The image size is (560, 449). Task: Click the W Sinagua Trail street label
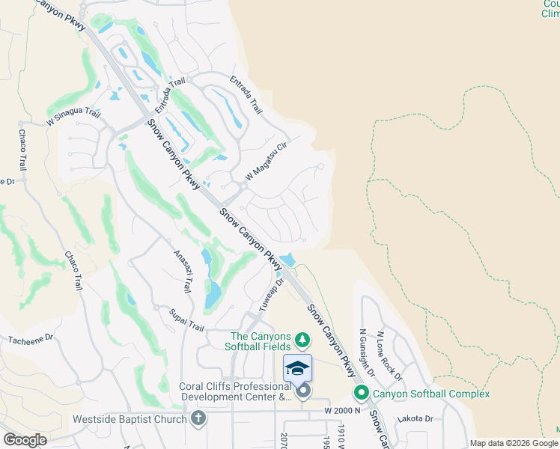[73, 116]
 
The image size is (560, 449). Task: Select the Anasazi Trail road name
[183, 270]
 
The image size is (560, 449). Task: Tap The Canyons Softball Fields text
[261, 341]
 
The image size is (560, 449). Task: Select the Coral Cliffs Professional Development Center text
[235, 391]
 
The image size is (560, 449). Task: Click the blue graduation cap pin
[297, 369]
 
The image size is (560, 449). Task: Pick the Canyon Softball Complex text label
[431, 394]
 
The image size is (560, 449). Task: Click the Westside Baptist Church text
[129, 419]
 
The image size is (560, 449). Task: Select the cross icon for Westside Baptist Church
[198, 418]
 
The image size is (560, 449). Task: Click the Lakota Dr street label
[416, 419]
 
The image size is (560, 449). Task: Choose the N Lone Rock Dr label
[389, 355]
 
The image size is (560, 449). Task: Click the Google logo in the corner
[25, 440]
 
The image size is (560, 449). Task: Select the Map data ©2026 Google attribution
[514, 443]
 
